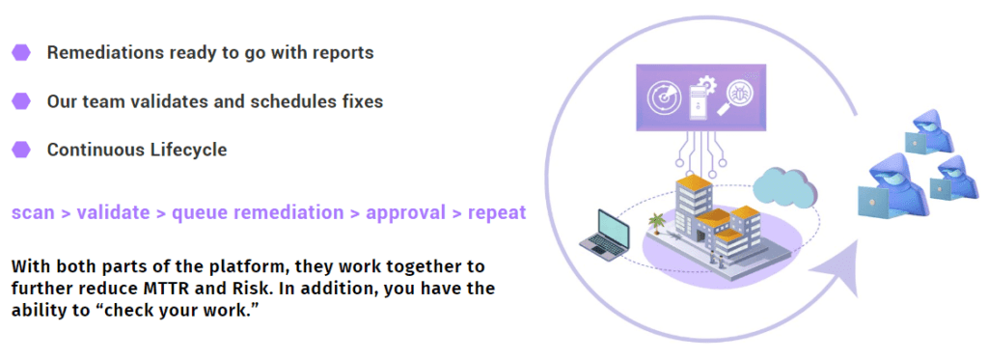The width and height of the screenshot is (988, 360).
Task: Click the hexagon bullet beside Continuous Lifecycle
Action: click(20, 150)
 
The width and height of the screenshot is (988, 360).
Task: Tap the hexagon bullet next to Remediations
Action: click(20, 52)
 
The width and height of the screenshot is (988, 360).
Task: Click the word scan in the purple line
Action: click(33, 212)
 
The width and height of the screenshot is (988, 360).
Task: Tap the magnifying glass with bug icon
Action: click(738, 97)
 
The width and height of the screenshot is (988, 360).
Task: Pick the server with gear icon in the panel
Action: click(701, 97)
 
